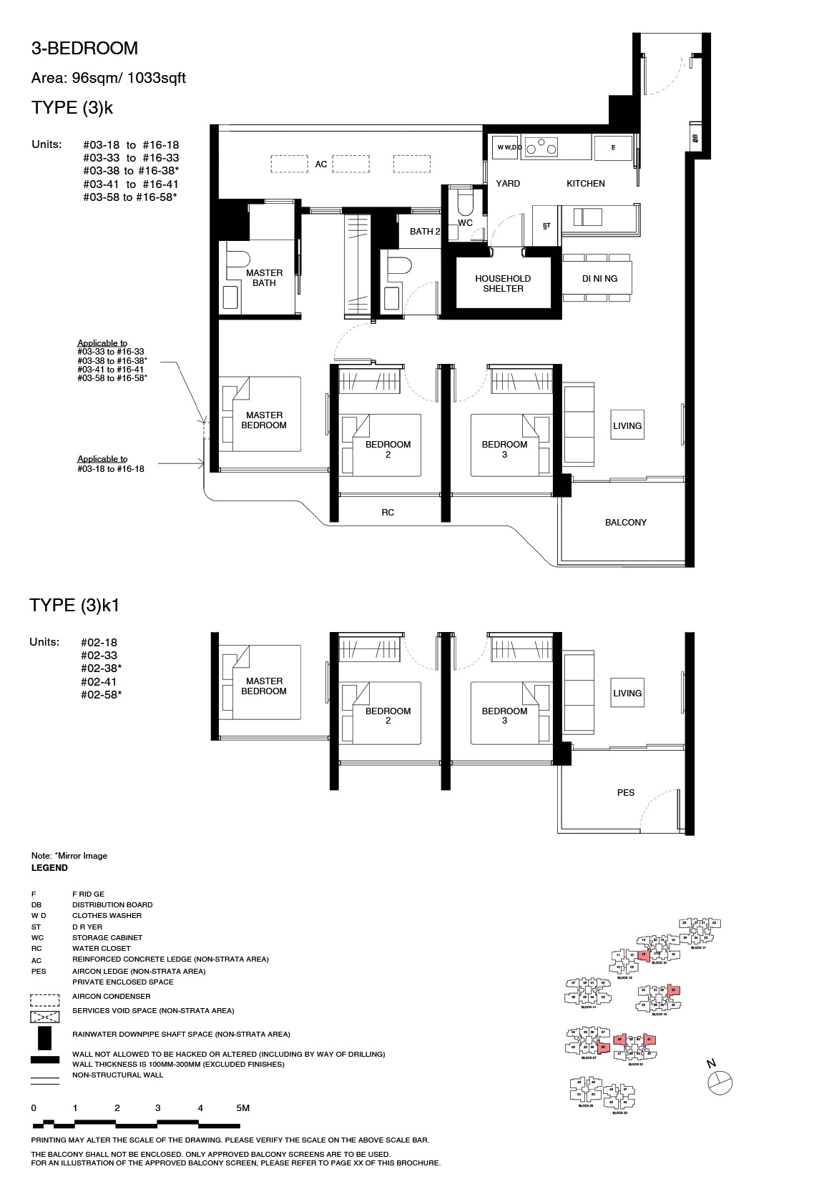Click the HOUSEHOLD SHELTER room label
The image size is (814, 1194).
(x=503, y=283)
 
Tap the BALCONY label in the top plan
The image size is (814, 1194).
(x=625, y=523)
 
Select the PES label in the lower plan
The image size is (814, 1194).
(x=625, y=792)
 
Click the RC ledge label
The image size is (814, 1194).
(x=388, y=512)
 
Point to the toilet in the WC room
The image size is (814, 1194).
(x=466, y=203)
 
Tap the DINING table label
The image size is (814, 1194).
(x=599, y=279)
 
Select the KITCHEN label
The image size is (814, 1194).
(x=585, y=184)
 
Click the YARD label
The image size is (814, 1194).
(x=508, y=184)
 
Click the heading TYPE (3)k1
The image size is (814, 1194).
(x=74, y=606)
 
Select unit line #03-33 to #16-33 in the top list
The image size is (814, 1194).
(x=131, y=158)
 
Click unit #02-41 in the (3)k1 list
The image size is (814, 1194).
(x=99, y=681)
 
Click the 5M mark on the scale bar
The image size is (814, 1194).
(x=242, y=1108)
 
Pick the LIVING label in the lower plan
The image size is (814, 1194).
(x=627, y=693)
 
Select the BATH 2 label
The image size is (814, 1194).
(x=424, y=231)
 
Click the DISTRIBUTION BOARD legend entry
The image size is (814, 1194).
(x=112, y=904)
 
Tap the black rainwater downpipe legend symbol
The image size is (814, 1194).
(x=44, y=1037)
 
